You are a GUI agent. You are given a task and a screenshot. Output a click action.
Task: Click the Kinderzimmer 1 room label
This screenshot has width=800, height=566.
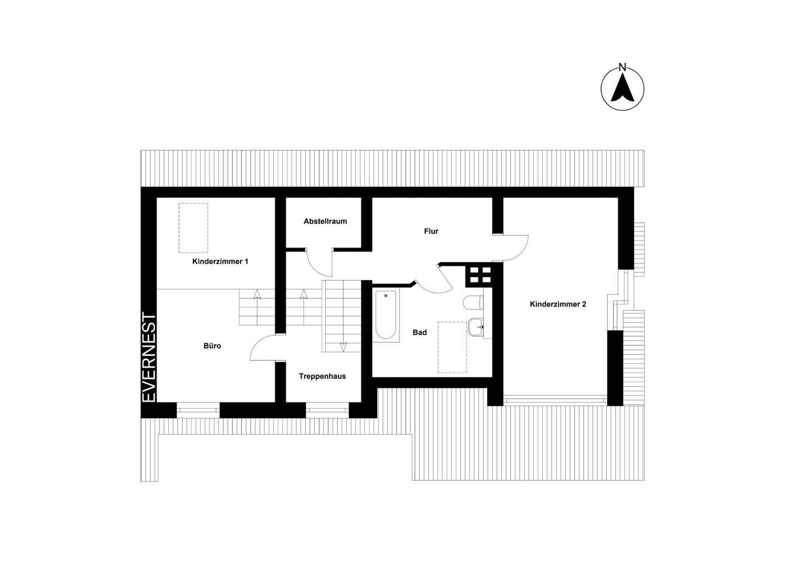pyautogui.click(x=220, y=262)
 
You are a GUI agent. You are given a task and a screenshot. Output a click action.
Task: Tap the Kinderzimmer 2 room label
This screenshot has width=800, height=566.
pyautogui.click(x=558, y=304)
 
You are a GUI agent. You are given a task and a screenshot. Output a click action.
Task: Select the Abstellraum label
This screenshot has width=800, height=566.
pyautogui.click(x=325, y=222)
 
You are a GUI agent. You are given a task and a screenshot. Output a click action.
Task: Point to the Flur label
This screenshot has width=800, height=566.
pyautogui.click(x=431, y=231)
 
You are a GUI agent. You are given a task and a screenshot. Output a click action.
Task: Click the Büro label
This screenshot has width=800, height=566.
pyautogui.click(x=212, y=345)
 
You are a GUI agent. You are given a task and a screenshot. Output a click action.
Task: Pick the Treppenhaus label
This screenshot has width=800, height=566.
pyautogui.click(x=322, y=377)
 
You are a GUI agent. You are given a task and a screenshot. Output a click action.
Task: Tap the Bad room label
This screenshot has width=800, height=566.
pyautogui.click(x=419, y=333)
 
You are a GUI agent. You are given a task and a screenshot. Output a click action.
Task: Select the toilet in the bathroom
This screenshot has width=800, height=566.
pyautogui.click(x=473, y=303)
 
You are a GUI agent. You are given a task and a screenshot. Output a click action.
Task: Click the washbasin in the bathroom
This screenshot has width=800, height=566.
pyautogui.click(x=476, y=327)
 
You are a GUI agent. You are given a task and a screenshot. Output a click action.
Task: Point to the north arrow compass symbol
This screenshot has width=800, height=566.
pyautogui.click(x=622, y=88)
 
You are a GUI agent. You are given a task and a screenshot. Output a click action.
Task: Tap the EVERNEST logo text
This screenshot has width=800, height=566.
pyautogui.click(x=149, y=358)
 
